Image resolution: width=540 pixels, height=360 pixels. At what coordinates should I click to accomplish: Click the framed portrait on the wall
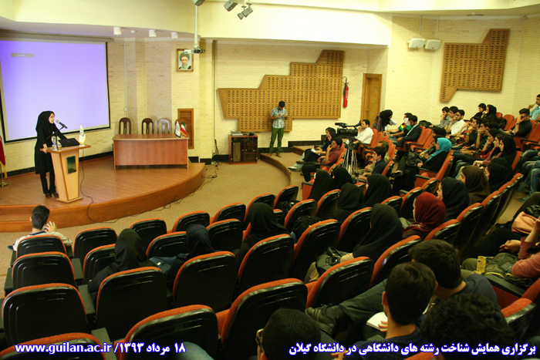click(184, 60)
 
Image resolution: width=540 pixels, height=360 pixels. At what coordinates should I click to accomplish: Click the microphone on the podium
click(61, 124)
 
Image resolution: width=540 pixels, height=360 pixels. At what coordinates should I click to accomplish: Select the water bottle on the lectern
click(54, 143)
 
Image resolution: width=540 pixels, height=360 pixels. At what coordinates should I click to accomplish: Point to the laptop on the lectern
click(68, 143)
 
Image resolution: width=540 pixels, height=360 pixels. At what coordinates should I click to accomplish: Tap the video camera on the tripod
click(346, 130)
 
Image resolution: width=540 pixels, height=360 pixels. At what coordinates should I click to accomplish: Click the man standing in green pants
click(278, 129)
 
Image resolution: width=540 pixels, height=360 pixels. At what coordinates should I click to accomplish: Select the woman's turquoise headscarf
click(440, 148)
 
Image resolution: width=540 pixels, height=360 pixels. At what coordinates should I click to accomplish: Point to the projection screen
click(54, 89)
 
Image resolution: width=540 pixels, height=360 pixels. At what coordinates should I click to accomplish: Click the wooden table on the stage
click(150, 150)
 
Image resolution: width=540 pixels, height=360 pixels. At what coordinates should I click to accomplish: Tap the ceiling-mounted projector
click(197, 51)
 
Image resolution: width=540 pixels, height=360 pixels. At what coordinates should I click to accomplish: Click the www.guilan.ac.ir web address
click(64, 348)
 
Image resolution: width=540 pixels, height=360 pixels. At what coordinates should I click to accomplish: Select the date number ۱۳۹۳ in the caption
click(131, 348)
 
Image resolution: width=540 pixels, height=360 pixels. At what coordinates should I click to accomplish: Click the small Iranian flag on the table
click(183, 128)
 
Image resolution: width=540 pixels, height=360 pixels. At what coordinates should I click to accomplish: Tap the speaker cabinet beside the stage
click(243, 148)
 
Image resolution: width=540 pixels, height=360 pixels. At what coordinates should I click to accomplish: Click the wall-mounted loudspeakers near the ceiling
click(424, 44)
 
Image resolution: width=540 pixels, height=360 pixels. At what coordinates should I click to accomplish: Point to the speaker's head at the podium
click(46, 118)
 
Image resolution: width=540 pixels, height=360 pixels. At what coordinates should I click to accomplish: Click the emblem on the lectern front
click(71, 164)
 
